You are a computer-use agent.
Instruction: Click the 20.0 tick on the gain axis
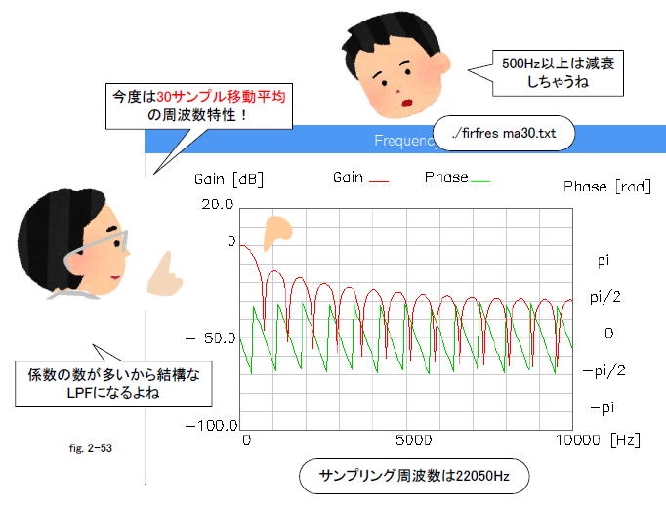(218, 205)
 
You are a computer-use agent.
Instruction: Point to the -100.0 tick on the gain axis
(212, 425)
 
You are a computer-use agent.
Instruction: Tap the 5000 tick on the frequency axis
(414, 440)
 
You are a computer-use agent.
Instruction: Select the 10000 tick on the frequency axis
(578, 440)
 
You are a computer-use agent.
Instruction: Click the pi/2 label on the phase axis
(605, 297)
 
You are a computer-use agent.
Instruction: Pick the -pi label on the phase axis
(603, 408)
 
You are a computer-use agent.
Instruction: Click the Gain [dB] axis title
(229, 180)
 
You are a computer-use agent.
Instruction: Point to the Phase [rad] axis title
(607, 187)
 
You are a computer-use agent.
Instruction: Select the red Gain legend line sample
(379, 182)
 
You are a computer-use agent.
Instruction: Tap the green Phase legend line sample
(480, 181)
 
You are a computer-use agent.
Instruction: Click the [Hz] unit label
(625, 440)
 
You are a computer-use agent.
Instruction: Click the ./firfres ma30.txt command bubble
(504, 134)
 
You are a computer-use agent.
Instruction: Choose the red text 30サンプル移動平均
(221, 97)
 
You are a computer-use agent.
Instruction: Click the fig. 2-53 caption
(91, 448)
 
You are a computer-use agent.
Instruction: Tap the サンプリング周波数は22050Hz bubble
(414, 476)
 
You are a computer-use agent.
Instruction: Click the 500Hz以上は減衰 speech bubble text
(559, 64)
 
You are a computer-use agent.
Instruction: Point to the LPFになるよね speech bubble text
(113, 393)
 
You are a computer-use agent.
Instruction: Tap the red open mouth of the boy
(407, 103)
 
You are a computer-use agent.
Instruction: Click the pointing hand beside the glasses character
(163, 276)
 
